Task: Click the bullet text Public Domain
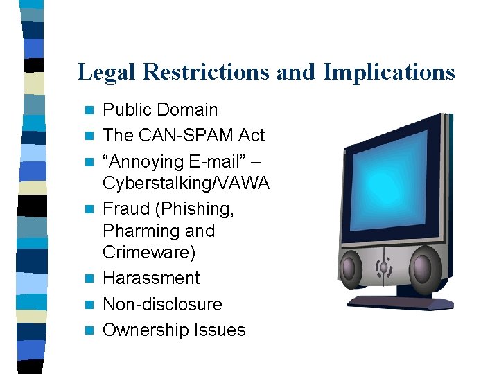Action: pos(160,109)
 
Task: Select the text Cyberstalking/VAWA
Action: pos(186,183)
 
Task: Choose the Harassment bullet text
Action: pos(151,278)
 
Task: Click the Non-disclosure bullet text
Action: pos(162,304)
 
